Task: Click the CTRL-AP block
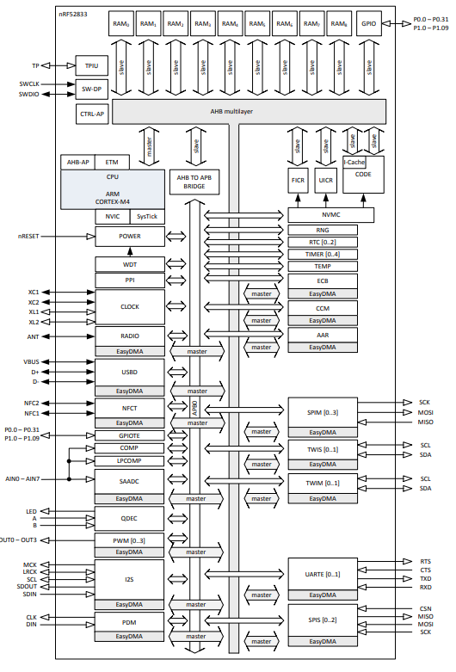(92, 113)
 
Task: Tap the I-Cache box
(354, 161)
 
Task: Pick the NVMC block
(331, 215)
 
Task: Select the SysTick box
(147, 216)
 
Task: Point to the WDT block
(130, 263)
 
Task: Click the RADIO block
(130, 336)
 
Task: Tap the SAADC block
(130, 481)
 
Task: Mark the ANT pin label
(34, 336)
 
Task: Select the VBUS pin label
(32, 361)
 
